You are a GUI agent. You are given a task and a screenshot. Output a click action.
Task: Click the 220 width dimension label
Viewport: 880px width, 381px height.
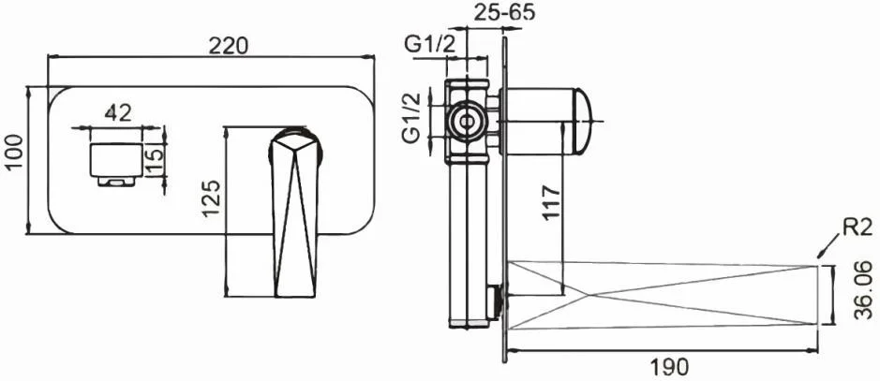[228, 45]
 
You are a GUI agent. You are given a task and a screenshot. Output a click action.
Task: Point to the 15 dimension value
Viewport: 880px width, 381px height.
[157, 160]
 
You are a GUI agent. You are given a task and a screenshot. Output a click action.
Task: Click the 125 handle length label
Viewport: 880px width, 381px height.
[210, 198]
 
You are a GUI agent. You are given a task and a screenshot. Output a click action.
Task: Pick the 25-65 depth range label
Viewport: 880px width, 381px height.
[504, 12]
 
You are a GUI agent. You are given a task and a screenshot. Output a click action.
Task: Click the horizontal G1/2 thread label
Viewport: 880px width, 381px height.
[430, 45]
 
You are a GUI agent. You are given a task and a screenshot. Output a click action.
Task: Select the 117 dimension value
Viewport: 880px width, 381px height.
[552, 202]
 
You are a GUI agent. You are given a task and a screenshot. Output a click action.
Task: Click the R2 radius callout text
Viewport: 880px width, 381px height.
[856, 228]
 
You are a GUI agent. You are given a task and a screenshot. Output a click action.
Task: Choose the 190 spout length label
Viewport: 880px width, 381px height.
[668, 367]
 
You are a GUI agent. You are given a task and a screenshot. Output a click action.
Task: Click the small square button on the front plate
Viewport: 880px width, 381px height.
[116, 160]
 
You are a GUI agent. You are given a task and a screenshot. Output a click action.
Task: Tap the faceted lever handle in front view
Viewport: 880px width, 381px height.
[294, 212]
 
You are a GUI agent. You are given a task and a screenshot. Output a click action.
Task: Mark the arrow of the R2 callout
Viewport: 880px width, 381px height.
[828, 246]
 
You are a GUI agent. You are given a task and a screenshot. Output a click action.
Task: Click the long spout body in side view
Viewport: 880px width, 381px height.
[663, 295]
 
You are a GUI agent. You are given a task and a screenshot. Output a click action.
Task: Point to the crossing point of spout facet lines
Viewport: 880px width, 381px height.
[587, 295]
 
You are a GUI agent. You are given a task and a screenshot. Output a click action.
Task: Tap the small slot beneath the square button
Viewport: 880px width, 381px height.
[117, 181]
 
